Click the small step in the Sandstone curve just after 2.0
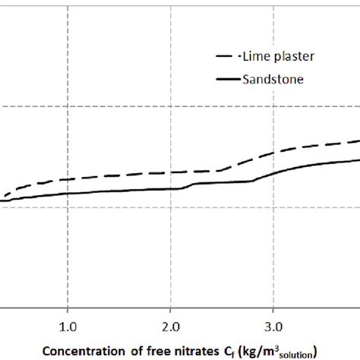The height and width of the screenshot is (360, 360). point(188,186)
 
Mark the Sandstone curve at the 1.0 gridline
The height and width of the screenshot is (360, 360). point(68,194)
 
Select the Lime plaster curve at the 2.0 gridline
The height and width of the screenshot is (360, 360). point(171,172)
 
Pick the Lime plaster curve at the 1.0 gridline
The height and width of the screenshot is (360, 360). point(68,180)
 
